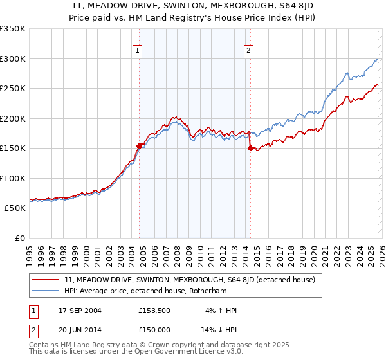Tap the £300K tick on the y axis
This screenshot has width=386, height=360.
click(12, 59)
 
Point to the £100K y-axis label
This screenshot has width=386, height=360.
click(12, 178)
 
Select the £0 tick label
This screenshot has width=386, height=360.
click(19, 238)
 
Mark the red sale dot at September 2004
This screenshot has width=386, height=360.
click(139, 146)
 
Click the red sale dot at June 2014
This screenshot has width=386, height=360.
click(250, 148)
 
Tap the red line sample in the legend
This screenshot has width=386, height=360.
click(45, 280)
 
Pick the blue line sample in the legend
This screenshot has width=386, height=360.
click(45, 291)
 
